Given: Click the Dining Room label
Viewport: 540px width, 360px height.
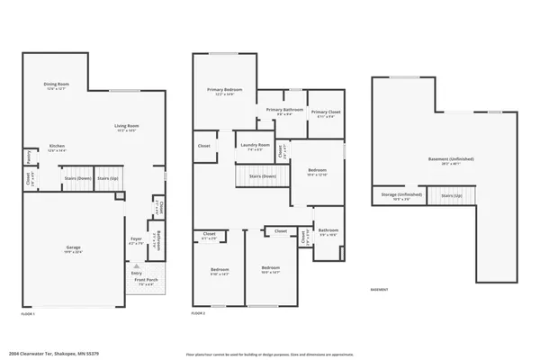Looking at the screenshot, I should pos(57,86).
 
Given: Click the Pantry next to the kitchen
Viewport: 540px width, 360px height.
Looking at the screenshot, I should pos(30,158).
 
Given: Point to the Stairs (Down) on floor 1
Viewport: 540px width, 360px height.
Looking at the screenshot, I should pos(76,178).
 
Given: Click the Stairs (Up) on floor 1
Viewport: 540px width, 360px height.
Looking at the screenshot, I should pos(108,178).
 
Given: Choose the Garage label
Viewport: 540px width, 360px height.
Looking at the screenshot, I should pos(73,248).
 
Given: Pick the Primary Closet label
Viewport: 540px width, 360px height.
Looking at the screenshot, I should pos(326,113).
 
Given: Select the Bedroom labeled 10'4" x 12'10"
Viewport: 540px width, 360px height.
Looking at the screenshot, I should pos(317,172).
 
